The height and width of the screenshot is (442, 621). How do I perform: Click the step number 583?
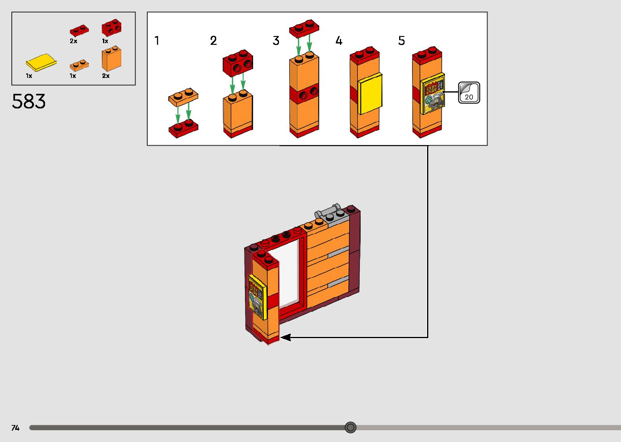pyautogui.click(x=29, y=101)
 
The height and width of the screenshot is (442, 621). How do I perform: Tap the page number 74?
pyautogui.click(x=15, y=428)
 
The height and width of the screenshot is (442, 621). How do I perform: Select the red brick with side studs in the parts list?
pyautogui.click(x=112, y=28)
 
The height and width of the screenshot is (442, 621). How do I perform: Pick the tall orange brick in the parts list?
pyautogui.click(x=112, y=59)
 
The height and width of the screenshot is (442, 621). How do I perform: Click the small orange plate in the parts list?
pyautogui.click(x=79, y=65)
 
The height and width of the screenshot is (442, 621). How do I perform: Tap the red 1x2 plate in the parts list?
pyautogui.click(x=79, y=30)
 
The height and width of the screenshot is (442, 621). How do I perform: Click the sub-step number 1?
pyautogui.click(x=157, y=41)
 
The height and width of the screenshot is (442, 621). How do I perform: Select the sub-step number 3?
pyautogui.click(x=276, y=41)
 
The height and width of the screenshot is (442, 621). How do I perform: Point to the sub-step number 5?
pyautogui.click(x=402, y=41)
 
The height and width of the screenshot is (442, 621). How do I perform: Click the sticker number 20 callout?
pyautogui.click(x=469, y=93)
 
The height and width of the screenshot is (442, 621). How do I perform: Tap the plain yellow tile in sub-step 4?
pyautogui.click(x=370, y=94)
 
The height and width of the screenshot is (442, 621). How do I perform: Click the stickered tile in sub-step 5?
pyautogui.click(x=434, y=94)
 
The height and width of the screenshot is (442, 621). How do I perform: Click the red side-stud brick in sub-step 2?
pyautogui.click(x=238, y=63)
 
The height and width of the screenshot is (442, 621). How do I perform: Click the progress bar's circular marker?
pyautogui.click(x=350, y=427)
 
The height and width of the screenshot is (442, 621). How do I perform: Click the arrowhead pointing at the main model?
pyautogui.click(x=286, y=337)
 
